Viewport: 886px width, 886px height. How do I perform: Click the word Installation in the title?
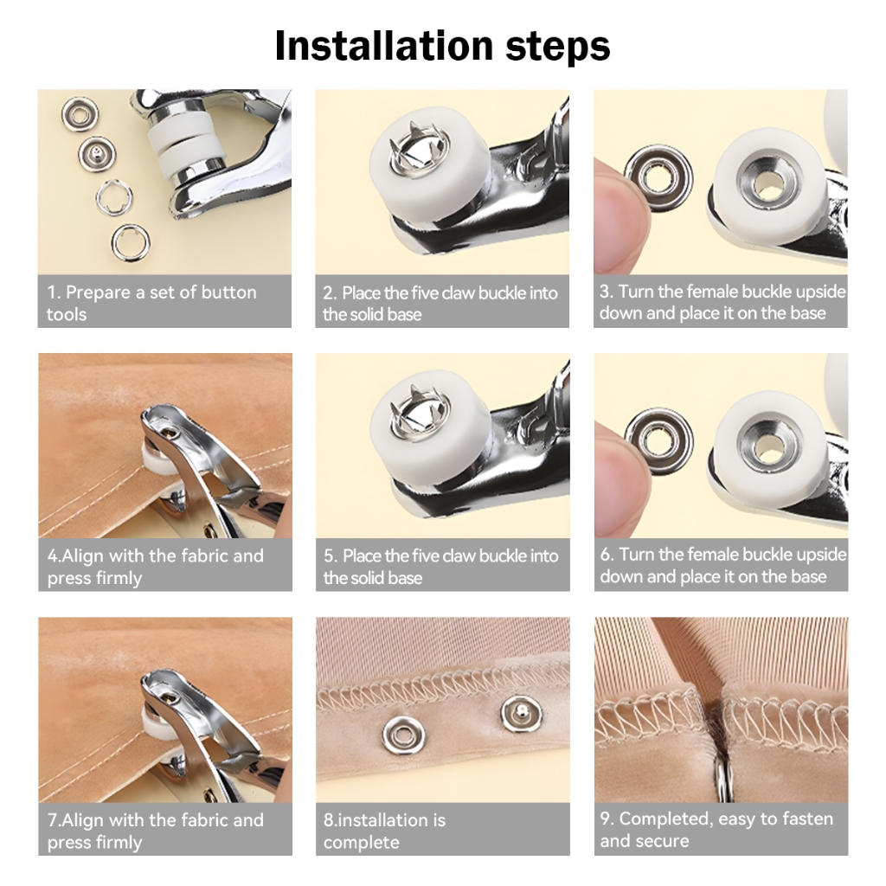384,45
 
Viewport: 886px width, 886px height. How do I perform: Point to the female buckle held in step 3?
658,177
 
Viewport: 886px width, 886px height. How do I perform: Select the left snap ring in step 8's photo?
403,735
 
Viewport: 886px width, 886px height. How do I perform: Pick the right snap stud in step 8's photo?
521,714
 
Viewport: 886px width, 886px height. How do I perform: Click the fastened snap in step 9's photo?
721,779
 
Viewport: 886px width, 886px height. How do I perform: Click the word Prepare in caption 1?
98,292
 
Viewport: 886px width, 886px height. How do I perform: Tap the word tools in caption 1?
67,314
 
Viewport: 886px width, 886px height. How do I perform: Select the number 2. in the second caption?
330,293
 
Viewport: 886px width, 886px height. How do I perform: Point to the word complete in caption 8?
362,843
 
